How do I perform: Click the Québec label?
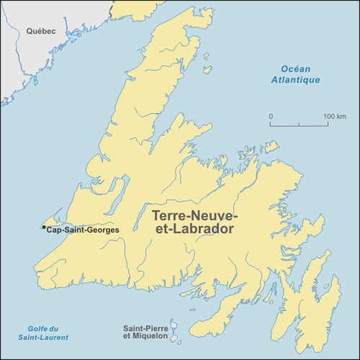[42, 31]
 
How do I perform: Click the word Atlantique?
[295, 80]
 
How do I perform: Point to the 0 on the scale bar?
[271, 117]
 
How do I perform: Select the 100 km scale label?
[335, 117]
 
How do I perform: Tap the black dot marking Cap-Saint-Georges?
[44, 228]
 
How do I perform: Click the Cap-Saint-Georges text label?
[82, 230]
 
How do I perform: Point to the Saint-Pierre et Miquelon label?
[145, 331]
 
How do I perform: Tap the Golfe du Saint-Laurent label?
[44, 333]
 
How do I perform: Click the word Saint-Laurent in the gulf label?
[44, 338]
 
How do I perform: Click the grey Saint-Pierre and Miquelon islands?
[174, 332]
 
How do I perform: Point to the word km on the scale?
[341, 117]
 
